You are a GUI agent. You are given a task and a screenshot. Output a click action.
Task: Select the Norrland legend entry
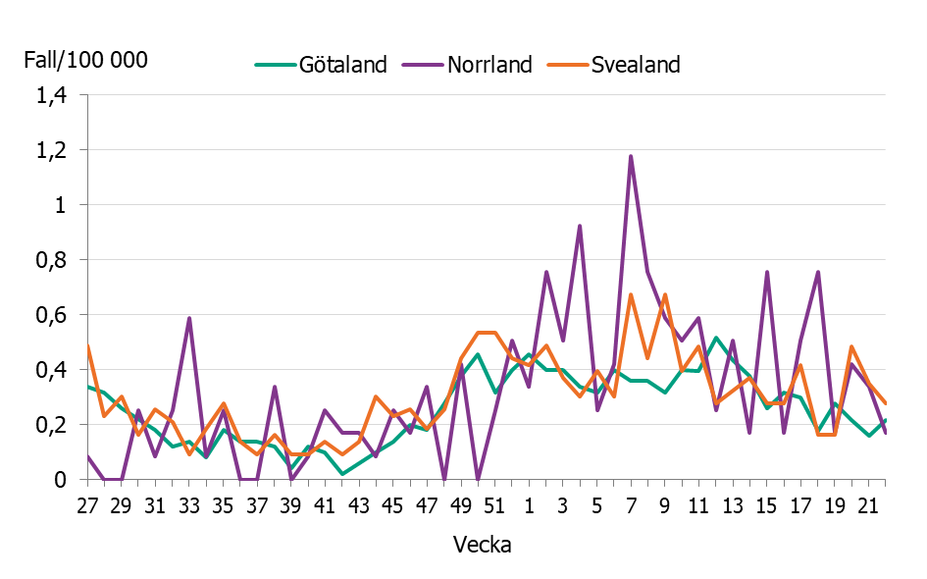[x=489, y=65]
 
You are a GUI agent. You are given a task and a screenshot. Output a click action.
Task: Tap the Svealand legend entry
[x=635, y=65]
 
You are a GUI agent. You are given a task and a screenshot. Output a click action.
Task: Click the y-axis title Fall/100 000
[x=85, y=60]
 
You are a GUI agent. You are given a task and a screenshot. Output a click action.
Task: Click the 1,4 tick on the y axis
[x=50, y=96]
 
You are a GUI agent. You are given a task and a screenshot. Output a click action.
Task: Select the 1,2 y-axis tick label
[x=50, y=151]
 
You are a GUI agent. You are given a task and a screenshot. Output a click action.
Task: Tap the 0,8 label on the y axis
[x=50, y=261]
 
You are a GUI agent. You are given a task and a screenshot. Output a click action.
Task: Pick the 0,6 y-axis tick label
[x=50, y=316]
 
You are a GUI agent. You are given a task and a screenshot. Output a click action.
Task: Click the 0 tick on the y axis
[x=60, y=480]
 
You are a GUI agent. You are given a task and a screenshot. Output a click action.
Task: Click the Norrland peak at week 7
[x=631, y=156]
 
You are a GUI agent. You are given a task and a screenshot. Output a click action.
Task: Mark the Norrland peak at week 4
[x=580, y=226]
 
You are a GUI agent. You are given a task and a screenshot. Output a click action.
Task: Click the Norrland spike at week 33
[x=189, y=318]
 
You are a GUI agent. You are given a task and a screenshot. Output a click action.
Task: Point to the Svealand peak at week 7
[x=631, y=294]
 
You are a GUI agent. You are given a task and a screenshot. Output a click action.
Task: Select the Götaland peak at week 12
[x=716, y=338]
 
